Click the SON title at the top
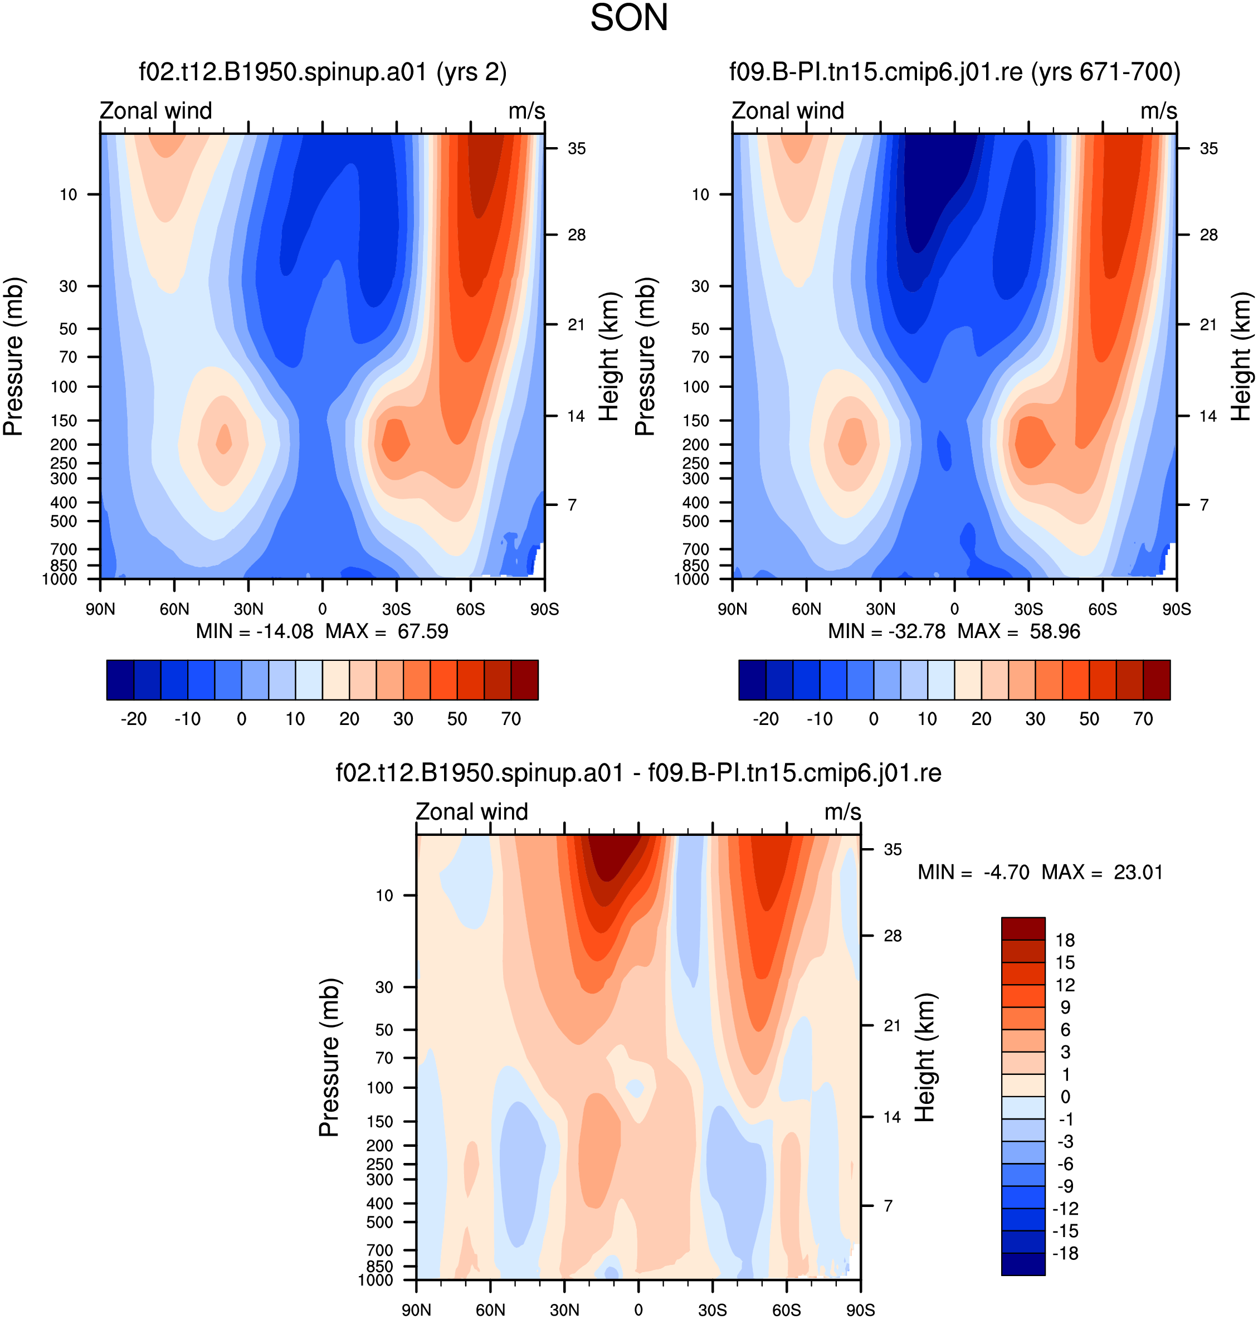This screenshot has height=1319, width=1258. coord(629,18)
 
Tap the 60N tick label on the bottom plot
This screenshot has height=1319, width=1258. coord(490,1310)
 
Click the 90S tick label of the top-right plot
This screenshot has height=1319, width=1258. coord(1177,609)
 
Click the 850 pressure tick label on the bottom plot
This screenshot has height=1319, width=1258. coord(379,1266)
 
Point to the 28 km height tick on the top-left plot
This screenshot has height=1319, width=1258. coord(577,235)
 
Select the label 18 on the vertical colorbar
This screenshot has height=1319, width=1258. coord(1065,940)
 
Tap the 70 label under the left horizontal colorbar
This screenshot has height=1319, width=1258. coord(511,719)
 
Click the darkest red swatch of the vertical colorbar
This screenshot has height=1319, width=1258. coord(1023,929)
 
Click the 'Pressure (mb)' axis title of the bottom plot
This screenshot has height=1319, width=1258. coord(329,1058)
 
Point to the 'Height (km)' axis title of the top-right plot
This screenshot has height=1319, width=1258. coord(1241,357)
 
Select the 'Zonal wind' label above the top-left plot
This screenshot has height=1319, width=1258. coord(155,111)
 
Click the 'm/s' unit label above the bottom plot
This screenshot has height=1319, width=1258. coord(843,811)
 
